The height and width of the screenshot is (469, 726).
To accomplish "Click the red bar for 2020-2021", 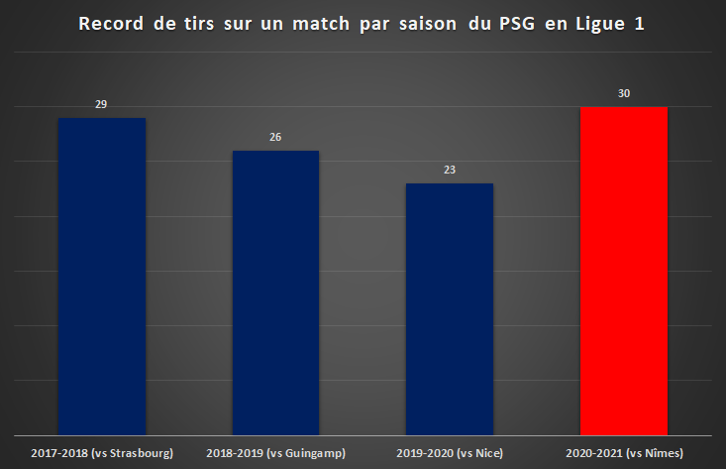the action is click(624, 271).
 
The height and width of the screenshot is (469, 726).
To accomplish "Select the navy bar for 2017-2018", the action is click(102, 277).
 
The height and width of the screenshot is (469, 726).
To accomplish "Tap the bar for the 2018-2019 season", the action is click(275, 293).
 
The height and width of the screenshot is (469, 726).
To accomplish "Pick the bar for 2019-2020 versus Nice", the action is click(450, 309).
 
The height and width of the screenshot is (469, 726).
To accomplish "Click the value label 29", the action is click(101, 104).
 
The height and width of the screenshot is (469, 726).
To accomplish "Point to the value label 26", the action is click(275, 137).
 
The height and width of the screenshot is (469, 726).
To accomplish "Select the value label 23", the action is click(450, 171).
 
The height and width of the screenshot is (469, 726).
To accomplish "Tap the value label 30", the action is click(624, 93).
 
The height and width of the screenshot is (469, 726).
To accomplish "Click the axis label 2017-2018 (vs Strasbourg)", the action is click(102, 453).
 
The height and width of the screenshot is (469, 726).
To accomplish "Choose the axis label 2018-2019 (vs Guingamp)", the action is click(276, 453).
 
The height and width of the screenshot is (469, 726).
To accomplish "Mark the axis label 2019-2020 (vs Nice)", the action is click(450, 453).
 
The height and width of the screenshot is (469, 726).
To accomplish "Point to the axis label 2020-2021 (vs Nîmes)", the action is click(624, 453).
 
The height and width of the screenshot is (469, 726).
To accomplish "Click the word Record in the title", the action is click(111, 24).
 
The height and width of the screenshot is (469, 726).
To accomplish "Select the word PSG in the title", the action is click(517, 24).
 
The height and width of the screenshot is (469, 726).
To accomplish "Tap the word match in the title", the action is click(321, 24).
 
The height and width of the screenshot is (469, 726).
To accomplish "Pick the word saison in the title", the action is click(428, 24).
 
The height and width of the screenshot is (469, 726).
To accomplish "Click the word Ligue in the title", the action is click(600, 25).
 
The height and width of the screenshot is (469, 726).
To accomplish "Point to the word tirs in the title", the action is click(199, 24).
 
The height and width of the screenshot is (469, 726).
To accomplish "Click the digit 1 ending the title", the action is click(640, 24).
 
